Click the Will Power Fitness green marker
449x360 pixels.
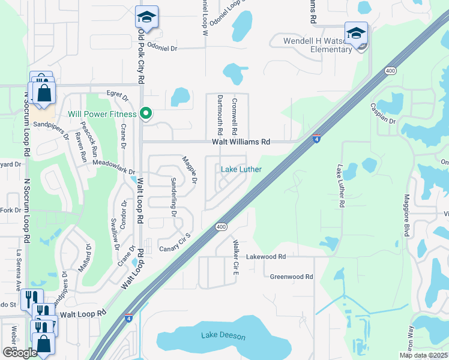pos(145,113)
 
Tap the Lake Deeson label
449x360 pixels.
pos(223,335)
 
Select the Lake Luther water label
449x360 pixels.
pos(241,169)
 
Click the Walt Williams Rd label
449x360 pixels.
pos(241,142)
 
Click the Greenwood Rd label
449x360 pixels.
pos(292,277)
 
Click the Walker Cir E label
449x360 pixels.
pos(236,257)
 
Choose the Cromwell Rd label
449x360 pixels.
pos(235,116)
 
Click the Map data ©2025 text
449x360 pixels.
pos(423,355)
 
